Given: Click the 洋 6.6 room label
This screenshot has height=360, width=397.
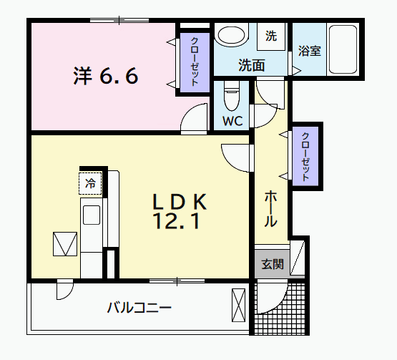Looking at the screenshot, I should pyautogui.click(x=105, y=76).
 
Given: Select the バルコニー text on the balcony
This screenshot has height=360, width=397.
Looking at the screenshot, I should pyautogui.click(x=139, y=308).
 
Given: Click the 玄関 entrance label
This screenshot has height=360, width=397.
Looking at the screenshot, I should pyautogui.click(x=272, y=264).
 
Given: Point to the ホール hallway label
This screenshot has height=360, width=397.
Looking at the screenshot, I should pyautogui.click(x=271, y=208).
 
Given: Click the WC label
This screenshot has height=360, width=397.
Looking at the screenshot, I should pyautogui.click(x=232, y=120).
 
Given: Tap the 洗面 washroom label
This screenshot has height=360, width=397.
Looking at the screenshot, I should pyautogui.click(x=252, y=64).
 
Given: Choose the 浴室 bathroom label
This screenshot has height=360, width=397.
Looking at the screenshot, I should pyautogui.click(x=309, y=52).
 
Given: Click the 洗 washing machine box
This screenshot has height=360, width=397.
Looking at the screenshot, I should pyautogui.click(x=271, y=35).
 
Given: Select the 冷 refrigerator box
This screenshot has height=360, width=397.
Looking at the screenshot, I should pyautogui.click(x=91, y=183).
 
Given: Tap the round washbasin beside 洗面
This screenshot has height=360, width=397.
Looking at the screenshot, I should pyautogui.click(x=231, y=37).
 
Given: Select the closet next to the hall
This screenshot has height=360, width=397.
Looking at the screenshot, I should pyautogui.click(x=305, y=155).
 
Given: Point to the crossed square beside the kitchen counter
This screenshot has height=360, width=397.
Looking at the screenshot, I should pyautogui.click(x=64, y=244).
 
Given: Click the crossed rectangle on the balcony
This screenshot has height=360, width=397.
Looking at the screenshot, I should pyautogui.click(x=239, y=305).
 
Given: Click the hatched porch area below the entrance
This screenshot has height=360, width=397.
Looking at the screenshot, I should pyautogui.click(x=283, y=308).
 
